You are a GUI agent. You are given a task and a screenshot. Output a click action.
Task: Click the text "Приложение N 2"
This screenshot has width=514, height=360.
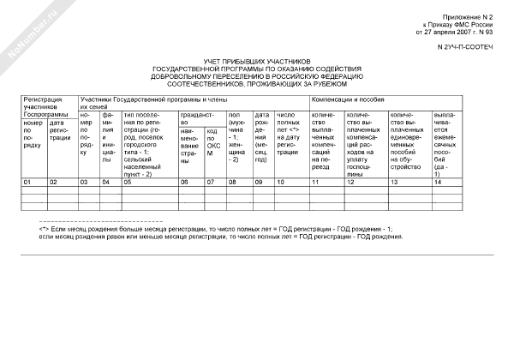467,17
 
